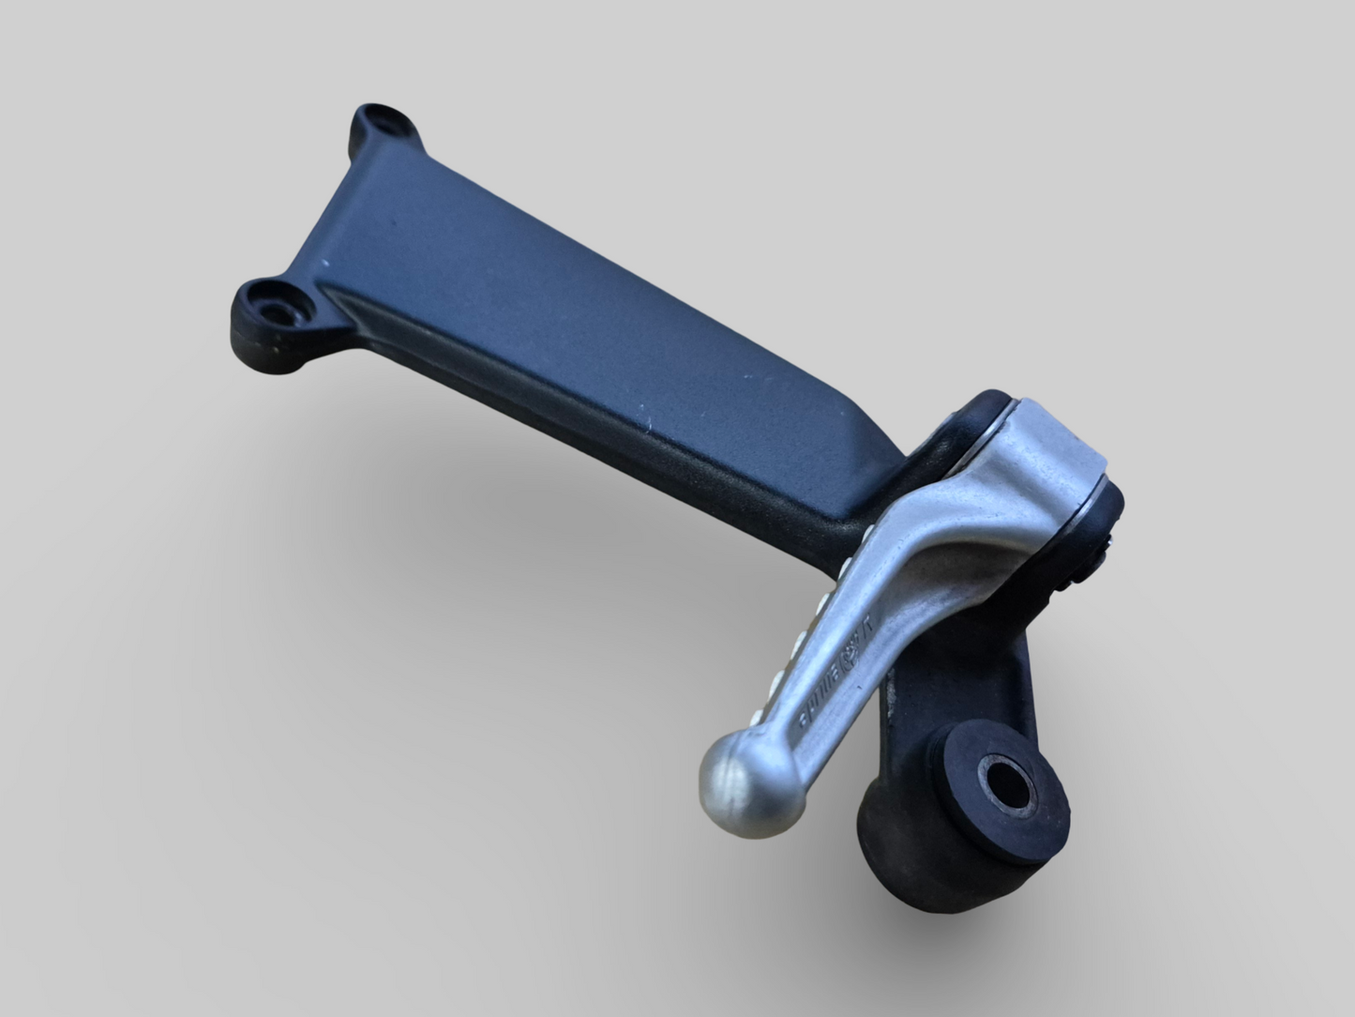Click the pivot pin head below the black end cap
point(1092,554)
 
